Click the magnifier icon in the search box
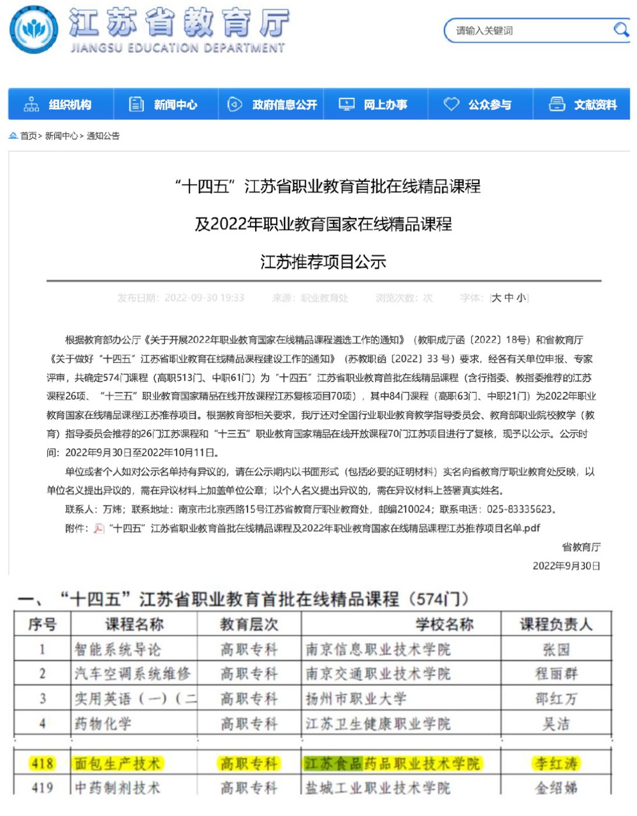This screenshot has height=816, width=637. point(620,29)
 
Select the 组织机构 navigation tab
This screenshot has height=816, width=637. point(60,105)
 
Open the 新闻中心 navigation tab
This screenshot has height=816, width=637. point(165,105)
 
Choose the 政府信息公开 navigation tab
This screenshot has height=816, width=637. point(272,105)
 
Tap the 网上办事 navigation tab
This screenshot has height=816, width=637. point(376,105)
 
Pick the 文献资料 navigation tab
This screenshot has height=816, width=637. point(585,105)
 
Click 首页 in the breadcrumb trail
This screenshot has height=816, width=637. point(28,136)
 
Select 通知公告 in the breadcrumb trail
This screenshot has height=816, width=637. point(103,136)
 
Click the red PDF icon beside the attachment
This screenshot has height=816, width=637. point(99,528)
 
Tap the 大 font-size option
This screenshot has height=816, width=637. point(497,298)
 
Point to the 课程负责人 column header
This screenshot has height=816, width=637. point(556,624)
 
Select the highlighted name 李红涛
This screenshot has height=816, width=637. point(556,763)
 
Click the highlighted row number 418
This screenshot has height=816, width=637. point(42,763)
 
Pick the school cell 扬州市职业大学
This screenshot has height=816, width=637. point(356,699)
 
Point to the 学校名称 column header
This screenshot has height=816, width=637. point(444,624)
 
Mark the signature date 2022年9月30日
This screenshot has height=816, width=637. point(566,565)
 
